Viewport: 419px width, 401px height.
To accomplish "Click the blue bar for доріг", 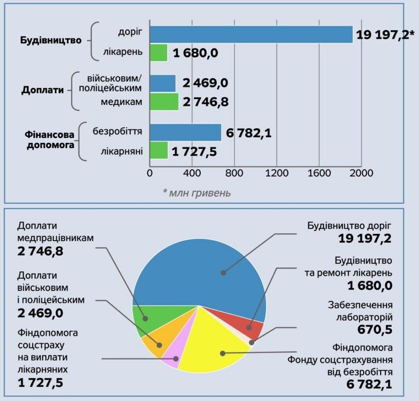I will [x=251, y=34].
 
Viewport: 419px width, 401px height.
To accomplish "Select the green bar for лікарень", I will [x=158, y=53].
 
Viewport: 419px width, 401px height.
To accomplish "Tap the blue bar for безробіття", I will [x=185, y=132].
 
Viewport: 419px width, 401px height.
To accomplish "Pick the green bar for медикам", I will [x=164, y=102].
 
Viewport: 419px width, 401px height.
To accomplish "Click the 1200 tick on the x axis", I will [x=277, y=173].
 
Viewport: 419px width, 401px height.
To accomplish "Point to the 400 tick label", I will [x=192, y=173].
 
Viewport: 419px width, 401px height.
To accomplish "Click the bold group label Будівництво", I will [x=51, y=40].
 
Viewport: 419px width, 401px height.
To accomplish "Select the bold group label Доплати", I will [x=42, y=90].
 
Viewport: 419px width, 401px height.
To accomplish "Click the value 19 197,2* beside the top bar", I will [x=385, y=36].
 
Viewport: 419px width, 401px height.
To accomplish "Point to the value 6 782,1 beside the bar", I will [x=248, y=133].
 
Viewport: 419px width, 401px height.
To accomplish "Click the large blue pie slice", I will [x=204, y=270].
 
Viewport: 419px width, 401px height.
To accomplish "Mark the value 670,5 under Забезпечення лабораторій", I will [x=375, y=330].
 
